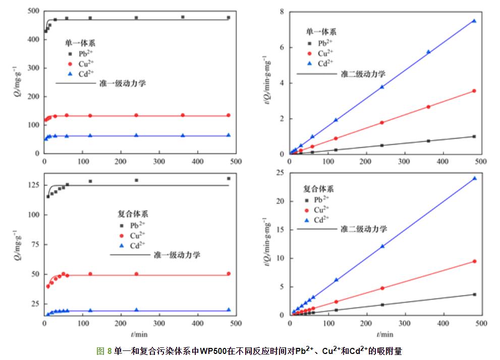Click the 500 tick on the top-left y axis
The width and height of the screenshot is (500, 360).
tap(34, 11)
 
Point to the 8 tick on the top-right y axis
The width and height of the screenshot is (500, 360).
tap(283, 12)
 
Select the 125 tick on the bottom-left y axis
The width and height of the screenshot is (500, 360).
tap(34, 185)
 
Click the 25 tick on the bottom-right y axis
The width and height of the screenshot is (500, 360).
tap(281, 173)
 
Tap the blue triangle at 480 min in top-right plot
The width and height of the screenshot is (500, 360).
tap(474, 21)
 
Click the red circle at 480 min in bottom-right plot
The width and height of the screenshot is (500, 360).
tap(474, 261)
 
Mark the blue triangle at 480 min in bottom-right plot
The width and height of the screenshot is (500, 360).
tap(474, 178)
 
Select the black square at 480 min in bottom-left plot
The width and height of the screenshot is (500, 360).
tap(229, 178)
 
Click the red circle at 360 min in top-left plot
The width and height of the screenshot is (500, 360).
tap(183, 115)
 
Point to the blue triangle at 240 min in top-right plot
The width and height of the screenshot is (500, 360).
tap(382, 87)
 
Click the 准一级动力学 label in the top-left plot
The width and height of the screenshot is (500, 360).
tap(123, 84)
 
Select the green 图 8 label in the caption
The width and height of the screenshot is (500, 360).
tap(104, 351)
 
